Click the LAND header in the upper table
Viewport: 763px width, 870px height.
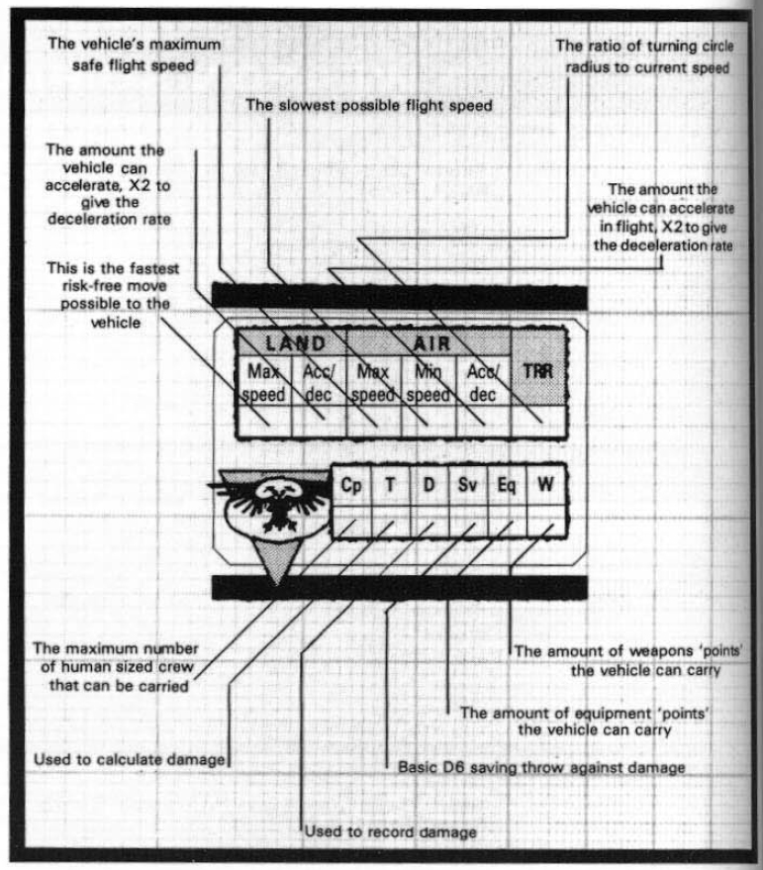coord(295,343)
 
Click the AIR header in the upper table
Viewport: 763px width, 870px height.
coord(432,344)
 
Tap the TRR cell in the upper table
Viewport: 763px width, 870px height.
coord(538,370)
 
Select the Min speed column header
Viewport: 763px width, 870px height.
coord(429,383)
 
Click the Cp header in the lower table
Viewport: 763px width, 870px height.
coord(350,486)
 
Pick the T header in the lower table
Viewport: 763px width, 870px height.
coord(390,485)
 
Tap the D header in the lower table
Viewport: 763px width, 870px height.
coord(429,485)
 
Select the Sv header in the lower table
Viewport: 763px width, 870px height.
coord(467,485)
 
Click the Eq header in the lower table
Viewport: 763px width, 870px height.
coord(506,486)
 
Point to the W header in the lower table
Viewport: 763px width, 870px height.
coord(545,484)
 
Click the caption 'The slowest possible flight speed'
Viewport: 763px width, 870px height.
coord(369,105)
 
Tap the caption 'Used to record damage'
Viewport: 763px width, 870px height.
coord(391,831)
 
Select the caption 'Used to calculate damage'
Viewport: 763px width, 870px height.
coord(130,759)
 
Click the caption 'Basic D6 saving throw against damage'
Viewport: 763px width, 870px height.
coord(541,767)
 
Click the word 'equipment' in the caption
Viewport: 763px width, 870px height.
coord(615,714)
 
